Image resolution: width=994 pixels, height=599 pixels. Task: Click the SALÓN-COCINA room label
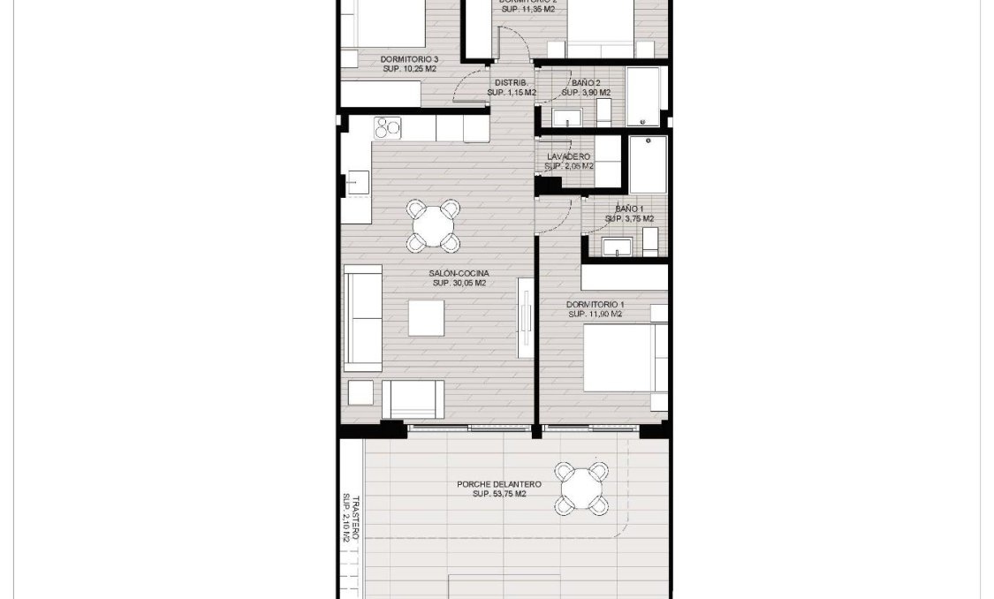click(459, 274)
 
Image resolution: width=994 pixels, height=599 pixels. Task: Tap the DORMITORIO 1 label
click(595, 304)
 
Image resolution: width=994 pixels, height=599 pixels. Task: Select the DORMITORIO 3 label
click(409, 59)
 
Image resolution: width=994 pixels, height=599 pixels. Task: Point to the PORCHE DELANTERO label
click(499, 484)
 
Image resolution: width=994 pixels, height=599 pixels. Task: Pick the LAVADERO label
click(568, 156)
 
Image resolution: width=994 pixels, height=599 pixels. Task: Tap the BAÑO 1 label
click(629, 209)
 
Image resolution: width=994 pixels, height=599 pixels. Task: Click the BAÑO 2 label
click(586, 82)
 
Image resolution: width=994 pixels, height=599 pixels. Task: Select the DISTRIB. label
click(511, 82)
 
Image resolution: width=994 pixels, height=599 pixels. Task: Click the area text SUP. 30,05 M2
click(459, 284)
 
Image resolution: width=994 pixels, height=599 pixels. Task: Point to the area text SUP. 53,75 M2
click(499, 494)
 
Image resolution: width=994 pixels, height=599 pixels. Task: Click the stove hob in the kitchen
click(388, 128)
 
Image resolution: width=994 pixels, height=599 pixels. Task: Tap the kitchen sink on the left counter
click(357, 183)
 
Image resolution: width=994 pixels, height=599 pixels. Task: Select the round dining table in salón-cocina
click(433, 225)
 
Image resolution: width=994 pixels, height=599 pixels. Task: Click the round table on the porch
click(582, 489)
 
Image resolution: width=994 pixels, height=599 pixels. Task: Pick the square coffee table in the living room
click(426, 318)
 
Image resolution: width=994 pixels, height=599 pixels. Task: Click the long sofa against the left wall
click(363, 318)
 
